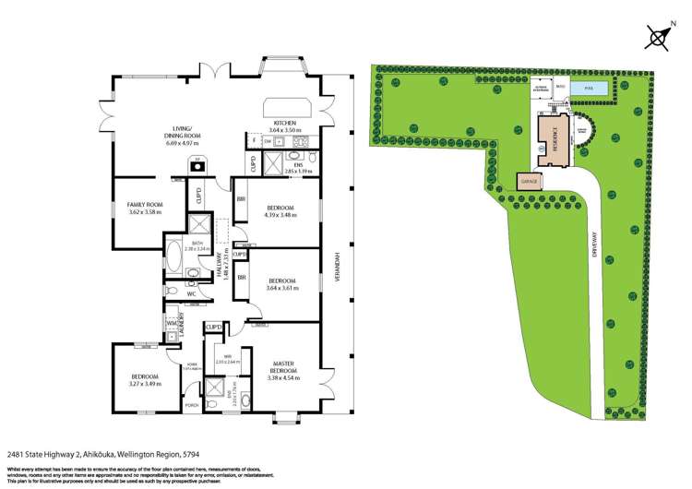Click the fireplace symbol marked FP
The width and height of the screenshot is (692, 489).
[196, 168]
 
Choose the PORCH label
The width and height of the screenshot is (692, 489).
[193, 405]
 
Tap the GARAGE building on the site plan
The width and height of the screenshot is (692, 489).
[529, 183]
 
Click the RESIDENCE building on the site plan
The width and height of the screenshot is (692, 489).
[553, 139]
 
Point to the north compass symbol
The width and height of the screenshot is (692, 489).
[659, 38]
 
